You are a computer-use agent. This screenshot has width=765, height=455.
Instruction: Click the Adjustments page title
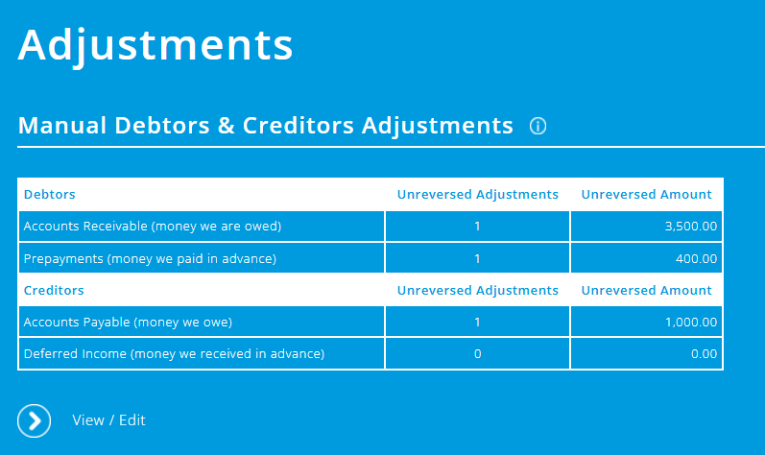point(155,45)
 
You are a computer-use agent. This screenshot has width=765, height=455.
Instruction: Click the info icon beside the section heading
point(538,127)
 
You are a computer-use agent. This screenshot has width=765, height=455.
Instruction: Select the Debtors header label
point(49,194)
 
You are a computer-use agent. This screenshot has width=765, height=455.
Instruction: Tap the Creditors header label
point(53,290)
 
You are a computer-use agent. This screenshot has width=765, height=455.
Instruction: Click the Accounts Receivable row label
point(152,227)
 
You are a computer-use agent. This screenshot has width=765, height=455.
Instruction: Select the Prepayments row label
point(150,258)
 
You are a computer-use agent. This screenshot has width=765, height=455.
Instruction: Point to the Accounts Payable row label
point(128,322)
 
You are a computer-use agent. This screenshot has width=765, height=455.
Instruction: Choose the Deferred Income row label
point(174,353)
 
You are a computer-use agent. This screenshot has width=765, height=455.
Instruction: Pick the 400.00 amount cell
point(695,258)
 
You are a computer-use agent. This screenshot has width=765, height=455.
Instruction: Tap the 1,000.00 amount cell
point(690,322)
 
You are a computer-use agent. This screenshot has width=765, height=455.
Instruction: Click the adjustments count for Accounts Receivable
point(477,227)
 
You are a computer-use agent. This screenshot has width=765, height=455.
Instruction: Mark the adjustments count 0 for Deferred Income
point(477,353)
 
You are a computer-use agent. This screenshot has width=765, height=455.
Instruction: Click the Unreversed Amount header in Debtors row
point(646,194)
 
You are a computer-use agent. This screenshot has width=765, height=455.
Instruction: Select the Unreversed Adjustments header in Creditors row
point(477,290)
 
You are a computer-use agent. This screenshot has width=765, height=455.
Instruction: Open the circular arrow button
point(35,420)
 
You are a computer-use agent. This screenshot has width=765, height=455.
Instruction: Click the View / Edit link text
point(108,420)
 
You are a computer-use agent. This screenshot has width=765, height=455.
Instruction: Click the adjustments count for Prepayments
point(477,258)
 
